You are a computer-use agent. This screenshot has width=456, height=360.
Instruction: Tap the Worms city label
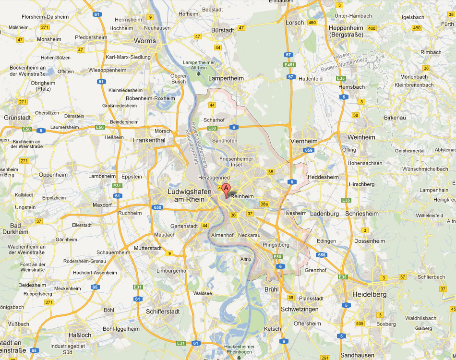coord(145,41)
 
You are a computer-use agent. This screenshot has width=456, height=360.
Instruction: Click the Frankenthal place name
coord(149,140)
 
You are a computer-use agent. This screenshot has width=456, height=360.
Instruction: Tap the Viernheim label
coord(304,141)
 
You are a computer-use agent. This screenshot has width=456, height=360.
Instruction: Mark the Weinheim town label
coord(361,137)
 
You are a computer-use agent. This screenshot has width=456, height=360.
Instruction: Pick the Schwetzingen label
coord(300,309)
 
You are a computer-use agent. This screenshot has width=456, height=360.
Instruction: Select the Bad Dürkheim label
coord(15,228)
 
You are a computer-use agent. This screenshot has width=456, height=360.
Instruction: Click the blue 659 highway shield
coord(309,150)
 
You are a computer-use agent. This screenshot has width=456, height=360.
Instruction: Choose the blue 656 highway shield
coord(322,255)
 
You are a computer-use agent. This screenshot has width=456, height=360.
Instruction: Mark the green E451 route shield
coord(289,65)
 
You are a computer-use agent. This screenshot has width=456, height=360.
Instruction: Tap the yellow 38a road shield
coord(264,204)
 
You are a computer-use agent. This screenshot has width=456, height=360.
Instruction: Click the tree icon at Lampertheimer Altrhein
coord(199,72)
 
